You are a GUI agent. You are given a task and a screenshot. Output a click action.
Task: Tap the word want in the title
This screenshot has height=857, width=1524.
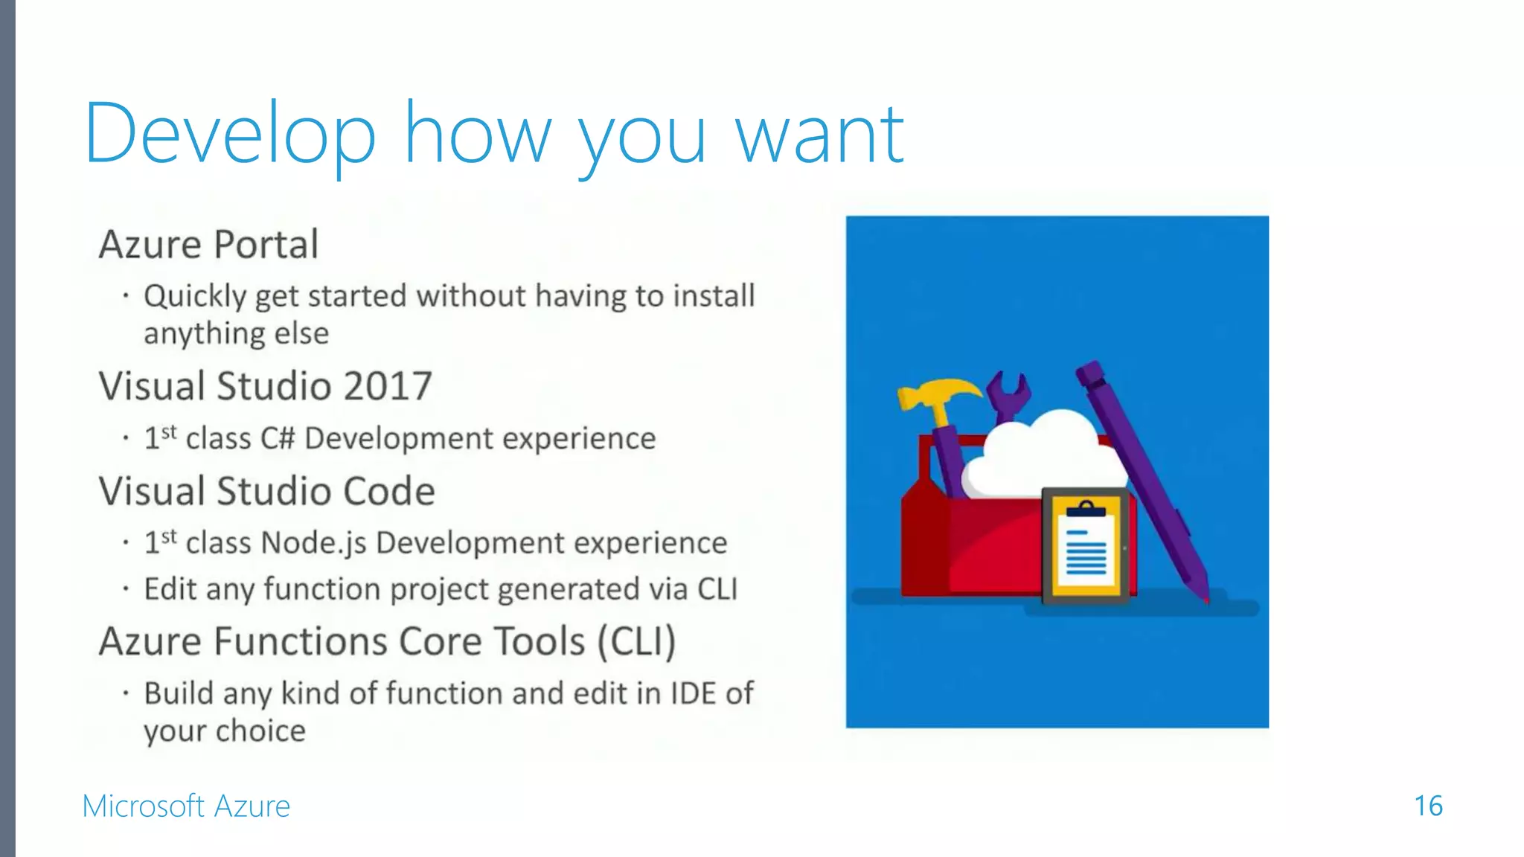coord(819,135)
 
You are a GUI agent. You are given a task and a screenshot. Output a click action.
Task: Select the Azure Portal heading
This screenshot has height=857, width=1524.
coord(209,245)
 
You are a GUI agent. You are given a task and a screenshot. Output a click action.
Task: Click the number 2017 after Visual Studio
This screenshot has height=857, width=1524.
coord(388,386)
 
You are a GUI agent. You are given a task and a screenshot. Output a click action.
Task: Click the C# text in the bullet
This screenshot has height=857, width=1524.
coord(278,438)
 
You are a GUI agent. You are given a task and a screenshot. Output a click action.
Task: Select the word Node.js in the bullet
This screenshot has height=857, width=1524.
coord(314,543)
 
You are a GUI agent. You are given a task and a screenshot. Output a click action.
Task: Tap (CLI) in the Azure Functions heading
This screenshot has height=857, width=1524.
coord(637,641)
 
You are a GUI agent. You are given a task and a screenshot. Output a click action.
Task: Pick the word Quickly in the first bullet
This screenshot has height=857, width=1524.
coord(194,296)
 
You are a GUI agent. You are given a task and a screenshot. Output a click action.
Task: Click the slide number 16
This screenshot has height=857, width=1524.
coord(1428,806)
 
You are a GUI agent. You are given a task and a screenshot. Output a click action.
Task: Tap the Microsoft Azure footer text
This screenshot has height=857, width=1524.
coord(186,806)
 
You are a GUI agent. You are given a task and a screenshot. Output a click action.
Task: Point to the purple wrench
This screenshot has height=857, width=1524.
coord(1009,395)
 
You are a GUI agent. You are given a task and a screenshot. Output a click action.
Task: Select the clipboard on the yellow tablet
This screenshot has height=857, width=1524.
coord(1086,546)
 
